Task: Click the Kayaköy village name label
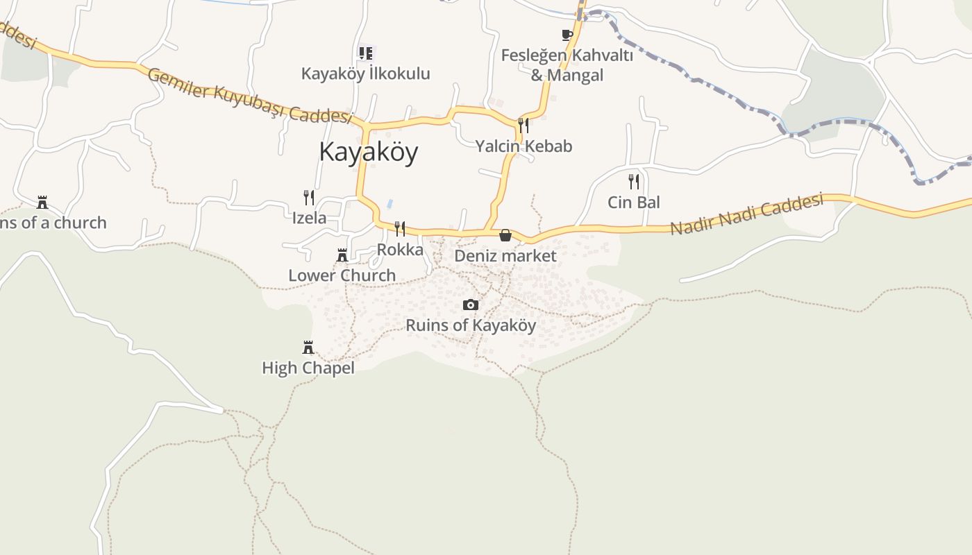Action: pyautogui.click(x=368, y=152)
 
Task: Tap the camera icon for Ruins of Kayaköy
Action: pyautogui.click(x=471, y=305)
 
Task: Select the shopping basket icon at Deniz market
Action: pyautogui.click(x=505, y=235)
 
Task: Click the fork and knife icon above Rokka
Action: pyautogui.click(x=400, y=228)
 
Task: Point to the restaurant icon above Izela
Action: pyautogui.click(x=309, y=197)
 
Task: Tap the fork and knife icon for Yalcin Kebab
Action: pyautogui.click(x=523, y=125)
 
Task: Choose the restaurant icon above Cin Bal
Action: pyautogui.click(x=634, y=182)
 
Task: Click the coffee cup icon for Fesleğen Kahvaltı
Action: pyautogui.click(x=567, y=35)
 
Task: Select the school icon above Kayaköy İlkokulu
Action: pyautogui.click(x=366, y=53)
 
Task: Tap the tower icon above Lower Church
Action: pyautogui.click(x=342, y=255)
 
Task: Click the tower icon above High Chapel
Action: pyautogui.click(x=308, y=348)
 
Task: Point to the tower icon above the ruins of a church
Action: pyautogui.click(x=42, y=203)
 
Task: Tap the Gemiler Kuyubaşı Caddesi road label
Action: pyautogui.click(x=250, y=95)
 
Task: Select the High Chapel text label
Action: pyautogui.click(x=308, y=368)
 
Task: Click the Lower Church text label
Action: pyautogui.click(x=342, y=275)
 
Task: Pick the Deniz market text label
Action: pyautogui.click(x=505, y=256)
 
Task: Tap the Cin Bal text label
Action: pyautogui.click(x=634, y=203)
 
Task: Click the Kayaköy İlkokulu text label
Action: pyautogui.click(x=366, y=74)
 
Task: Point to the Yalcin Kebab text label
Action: pyautogui.click(x=523, y=146)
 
